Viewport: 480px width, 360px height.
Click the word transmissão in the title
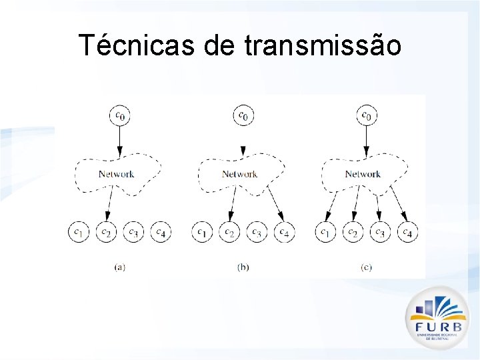tap(323, 45)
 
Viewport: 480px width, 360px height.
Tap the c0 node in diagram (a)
tap(120, 115)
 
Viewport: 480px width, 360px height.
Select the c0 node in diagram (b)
tap(243, 115)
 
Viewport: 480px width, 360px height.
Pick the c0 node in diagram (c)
tap(366, 115)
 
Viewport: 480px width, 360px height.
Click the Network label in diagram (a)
tap(117, 174)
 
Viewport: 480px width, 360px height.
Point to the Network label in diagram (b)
tap(239, 174)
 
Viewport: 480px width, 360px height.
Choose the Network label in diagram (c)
tap(363, 174)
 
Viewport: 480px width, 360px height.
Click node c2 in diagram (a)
tap(106, 232)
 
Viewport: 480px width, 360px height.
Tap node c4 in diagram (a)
tap(161, 232)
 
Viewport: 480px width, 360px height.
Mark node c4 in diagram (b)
tap(285, 232)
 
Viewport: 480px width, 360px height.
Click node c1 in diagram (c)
tap(325, 232)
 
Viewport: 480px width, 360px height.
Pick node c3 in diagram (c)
tap(379, 232)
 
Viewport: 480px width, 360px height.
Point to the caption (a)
tap(120, 267)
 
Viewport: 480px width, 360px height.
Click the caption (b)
tap(243, 267)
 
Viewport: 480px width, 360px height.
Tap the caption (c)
tap(366, 267)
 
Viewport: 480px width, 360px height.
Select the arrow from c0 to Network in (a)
tap(120, 141)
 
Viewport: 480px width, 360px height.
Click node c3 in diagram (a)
tap(133, 232)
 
